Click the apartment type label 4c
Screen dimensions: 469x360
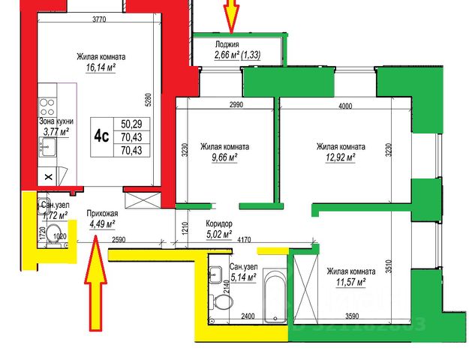tap(101, 136)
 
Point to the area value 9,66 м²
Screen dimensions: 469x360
tap(219, 157)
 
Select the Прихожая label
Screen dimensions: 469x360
tap(101, 212)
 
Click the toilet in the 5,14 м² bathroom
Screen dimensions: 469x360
tap(222, 303)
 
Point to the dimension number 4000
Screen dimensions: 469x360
tap(345, 106)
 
